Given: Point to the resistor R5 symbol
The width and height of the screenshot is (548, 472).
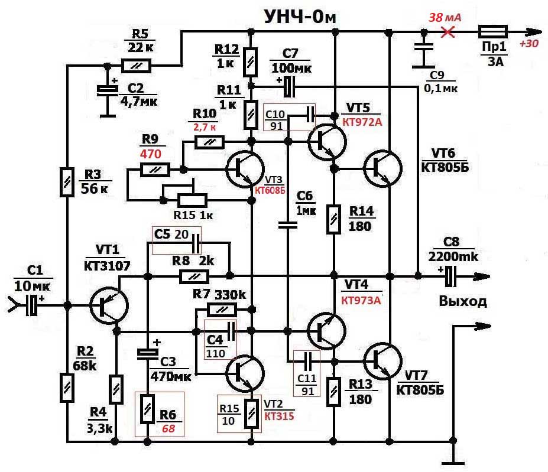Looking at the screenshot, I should coord(137,65).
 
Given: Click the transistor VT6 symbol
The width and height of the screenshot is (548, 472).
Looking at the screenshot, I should coord(381,168).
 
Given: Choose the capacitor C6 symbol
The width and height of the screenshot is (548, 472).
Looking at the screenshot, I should coord(289,224).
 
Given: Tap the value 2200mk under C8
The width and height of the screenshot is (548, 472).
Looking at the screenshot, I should coord(455,258).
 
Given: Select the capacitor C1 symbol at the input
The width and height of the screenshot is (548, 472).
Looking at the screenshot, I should coord(33,305).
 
